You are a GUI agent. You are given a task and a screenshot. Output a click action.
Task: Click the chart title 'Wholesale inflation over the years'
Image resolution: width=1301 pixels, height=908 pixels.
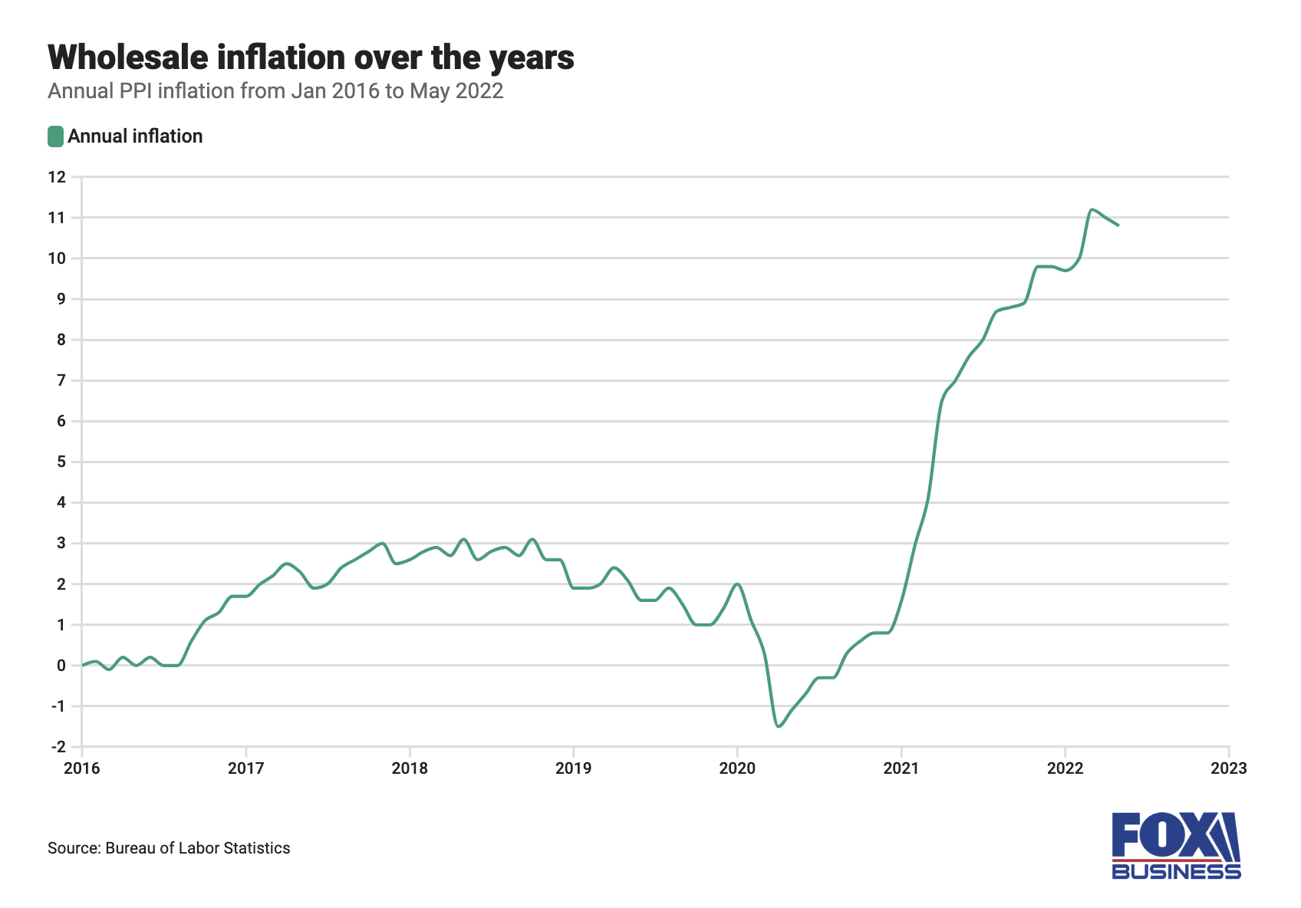coord(311,58)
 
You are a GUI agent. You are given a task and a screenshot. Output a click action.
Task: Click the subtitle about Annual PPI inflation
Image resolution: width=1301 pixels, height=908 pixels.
coord(275,91)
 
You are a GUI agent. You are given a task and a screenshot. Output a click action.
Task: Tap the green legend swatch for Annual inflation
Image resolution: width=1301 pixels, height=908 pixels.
coord(55,137)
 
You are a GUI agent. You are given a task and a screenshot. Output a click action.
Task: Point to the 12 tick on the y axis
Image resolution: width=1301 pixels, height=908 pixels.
coord(57,177)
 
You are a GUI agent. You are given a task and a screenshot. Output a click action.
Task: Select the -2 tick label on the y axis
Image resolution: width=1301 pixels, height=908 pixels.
coord(57,747)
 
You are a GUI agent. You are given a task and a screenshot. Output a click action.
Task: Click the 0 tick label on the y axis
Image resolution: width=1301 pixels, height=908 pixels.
coord(61,666)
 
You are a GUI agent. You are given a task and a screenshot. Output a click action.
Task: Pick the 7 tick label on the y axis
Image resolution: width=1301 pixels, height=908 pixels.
coord(61,380)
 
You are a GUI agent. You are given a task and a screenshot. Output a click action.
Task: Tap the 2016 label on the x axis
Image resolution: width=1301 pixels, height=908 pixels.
coord(81,768)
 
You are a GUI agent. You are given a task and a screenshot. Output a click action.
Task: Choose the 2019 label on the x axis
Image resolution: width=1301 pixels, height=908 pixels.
coord(573,768)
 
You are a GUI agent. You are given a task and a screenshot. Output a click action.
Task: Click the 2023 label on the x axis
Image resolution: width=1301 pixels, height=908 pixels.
coord(1228,768)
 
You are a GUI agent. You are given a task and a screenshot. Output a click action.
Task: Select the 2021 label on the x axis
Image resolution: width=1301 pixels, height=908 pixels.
coord(901,768)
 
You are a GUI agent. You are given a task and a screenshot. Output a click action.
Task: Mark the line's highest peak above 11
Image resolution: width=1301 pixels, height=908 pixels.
coord(1092,209)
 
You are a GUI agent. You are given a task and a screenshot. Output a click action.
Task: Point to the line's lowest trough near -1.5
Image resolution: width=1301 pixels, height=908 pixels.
coord(779,726)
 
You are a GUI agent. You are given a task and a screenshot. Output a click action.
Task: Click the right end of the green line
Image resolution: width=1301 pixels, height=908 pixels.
coord(1118,225)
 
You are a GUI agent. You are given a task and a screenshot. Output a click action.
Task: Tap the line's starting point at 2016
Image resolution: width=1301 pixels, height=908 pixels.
coord(83,665)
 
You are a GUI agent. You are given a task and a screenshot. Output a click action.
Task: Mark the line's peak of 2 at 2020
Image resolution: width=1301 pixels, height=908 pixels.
coord(737,584)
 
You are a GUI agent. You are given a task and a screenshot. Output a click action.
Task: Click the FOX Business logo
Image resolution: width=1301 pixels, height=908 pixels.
coord(1175,845)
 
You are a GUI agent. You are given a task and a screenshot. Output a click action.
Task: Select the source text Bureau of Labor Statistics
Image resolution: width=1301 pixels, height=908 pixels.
coord(198,848)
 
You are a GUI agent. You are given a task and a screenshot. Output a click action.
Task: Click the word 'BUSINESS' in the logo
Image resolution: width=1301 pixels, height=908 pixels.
coord(1175,871)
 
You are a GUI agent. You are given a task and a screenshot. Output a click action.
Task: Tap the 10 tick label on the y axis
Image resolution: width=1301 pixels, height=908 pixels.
coord(57,258)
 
